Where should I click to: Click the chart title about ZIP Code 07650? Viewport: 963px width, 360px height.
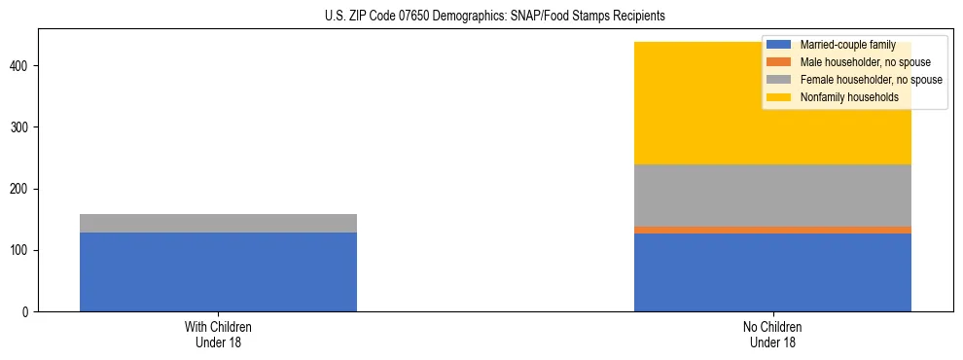click(x=481, y=16)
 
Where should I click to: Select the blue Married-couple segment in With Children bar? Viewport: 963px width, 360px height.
click(x=218, y=271)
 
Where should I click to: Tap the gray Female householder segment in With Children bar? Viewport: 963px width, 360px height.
click(x=218, y=223)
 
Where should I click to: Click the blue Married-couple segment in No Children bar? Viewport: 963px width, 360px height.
click(x=772, y=272)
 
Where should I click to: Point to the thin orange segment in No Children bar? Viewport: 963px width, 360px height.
click(x=772, y=230)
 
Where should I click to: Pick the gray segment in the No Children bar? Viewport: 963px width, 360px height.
click(x=772, y=196)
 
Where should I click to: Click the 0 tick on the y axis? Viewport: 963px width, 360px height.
click(x=28, y=312)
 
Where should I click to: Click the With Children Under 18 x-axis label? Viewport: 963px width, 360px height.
click(x=218, y=335)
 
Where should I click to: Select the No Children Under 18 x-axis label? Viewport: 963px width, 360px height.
click(x=772, y=335)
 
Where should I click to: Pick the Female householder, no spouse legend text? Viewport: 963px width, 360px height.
click(x=871, y=80)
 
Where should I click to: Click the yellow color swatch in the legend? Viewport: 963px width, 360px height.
click(x=778, y=97)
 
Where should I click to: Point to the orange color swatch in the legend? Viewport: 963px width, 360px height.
click(x=778, y=62)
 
